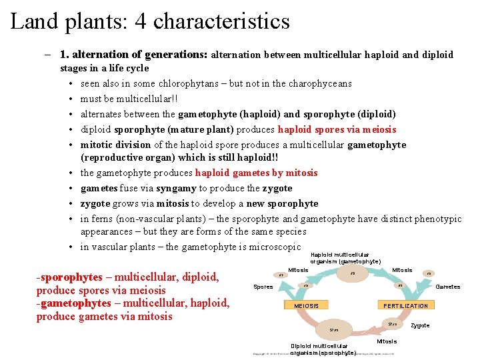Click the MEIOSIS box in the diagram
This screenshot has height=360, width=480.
[306, 305]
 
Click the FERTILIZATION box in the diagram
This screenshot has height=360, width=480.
[405, 305]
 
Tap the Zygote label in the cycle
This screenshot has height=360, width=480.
[420, 325]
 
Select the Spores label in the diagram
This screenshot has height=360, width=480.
[263, 287]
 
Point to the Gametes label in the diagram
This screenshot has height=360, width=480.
[447, 287]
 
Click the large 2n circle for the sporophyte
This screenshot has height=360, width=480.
[333, 329]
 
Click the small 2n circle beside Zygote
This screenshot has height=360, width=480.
[393, 323]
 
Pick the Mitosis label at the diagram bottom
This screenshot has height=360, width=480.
[387, 341]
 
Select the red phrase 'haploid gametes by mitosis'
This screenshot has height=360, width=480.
[256, 173]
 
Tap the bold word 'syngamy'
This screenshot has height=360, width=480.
[175, 188]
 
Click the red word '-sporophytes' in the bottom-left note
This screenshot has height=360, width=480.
[69, 277]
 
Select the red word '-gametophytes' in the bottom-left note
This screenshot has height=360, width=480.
[73, 303]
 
